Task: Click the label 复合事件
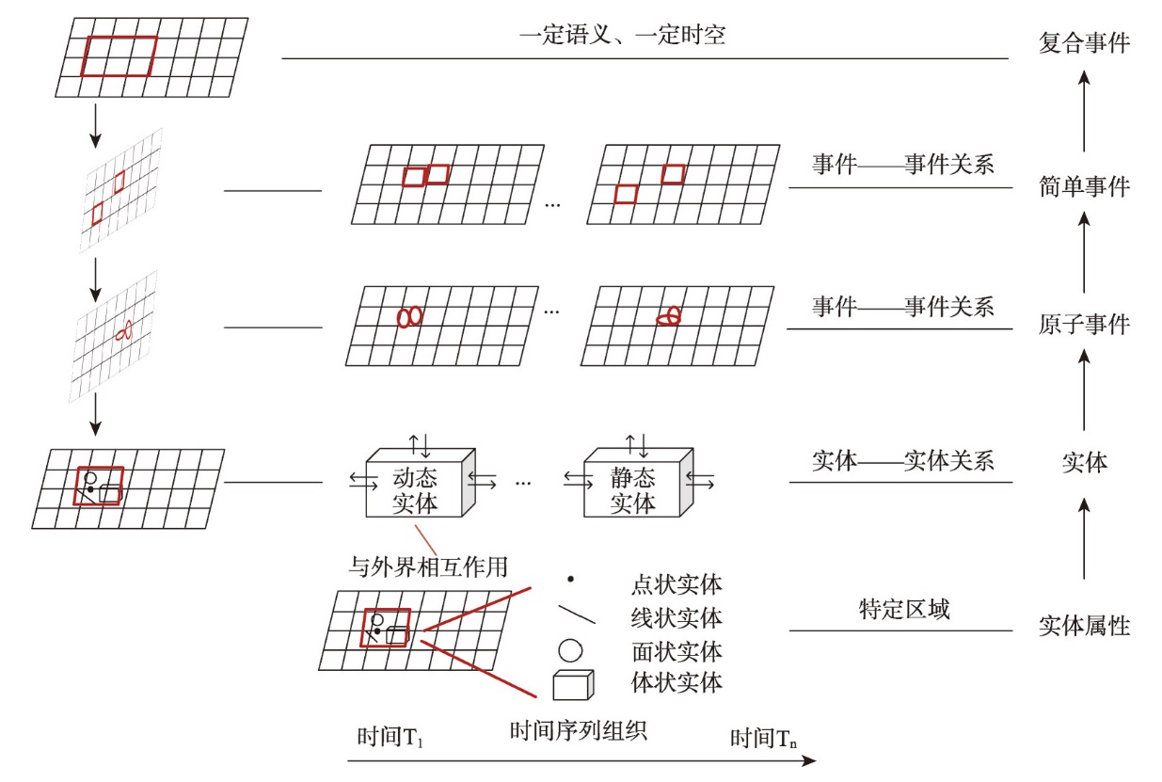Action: point(1084,42)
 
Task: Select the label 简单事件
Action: point(1084,186)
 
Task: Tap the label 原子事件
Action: point(1084,325)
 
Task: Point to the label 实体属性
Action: point(1084,626)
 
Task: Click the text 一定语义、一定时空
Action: point(622,35)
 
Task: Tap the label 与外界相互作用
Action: point(428,567)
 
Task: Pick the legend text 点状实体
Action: point(677,584)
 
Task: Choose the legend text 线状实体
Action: point(677,618)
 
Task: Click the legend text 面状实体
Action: point(677,651)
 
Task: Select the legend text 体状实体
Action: point(677,682)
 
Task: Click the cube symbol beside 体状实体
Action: point(573,685)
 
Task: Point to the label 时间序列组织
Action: point(578,730)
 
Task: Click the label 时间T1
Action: point(390,737)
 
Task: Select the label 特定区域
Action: point(904,609)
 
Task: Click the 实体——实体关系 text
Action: point(902,461)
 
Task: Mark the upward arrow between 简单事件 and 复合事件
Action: point(1084,112)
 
